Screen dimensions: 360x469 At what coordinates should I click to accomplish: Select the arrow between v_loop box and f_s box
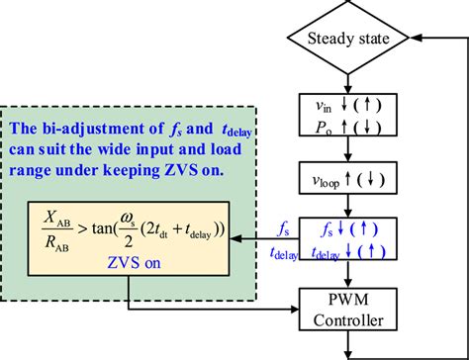coord(347,206)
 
